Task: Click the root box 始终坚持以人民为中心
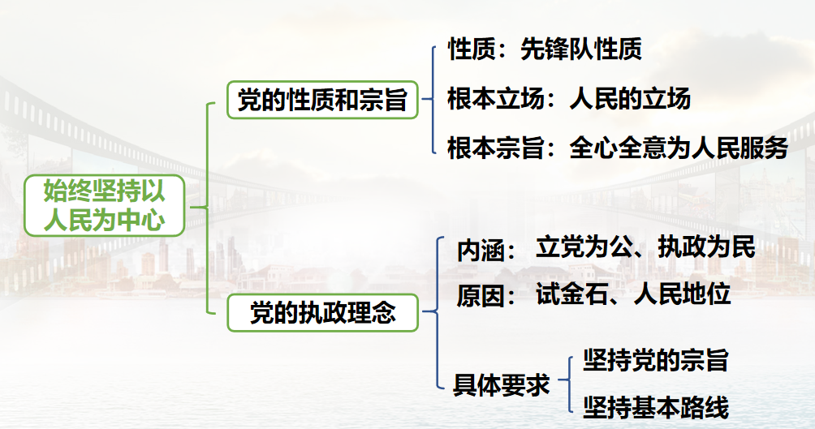pos(104,206)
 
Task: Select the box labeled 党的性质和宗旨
pos(322,100)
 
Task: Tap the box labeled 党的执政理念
pos(322,313)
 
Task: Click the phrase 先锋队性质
pos(580,49)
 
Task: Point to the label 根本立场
pos(495,98)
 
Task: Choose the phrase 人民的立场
pos(629,98)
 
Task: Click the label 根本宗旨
pos(495,148)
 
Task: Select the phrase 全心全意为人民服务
pos(679,148)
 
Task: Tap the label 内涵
pos(481,251)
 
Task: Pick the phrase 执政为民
pos(706,247)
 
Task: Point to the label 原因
pos(481,297)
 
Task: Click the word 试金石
pos(571,294)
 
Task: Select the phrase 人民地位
pos(682,294)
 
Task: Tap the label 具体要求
pos(501,385)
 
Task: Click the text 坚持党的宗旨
pos(655,360)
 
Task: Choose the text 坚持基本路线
pos(655,407)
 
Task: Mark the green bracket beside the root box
pos(207,208)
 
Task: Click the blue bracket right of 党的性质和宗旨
pos(433,99)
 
